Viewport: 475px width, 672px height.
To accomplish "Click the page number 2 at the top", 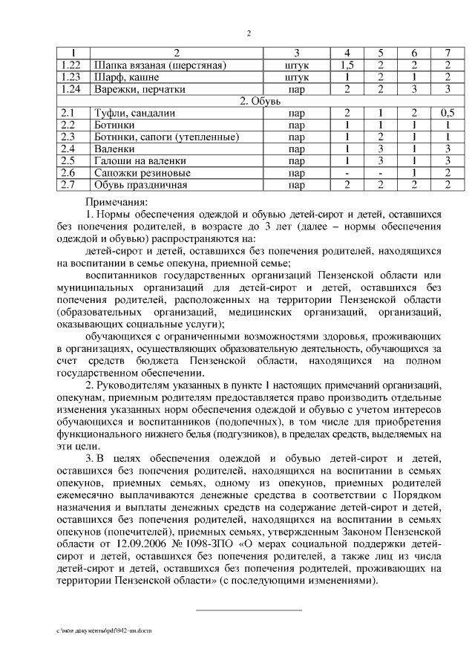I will click(x=249, y=33).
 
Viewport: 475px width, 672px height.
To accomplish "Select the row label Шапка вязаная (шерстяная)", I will click(x=158, y=65).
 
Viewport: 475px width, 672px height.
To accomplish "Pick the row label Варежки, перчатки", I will click(x=139, y=89).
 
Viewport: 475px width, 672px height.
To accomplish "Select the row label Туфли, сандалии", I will click(x=134, y=113).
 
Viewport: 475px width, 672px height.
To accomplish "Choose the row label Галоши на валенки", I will click(x=139, y=160).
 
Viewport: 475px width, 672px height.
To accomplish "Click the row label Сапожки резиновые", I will click(x=141, y=172).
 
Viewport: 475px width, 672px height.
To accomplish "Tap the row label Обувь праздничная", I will click(x=140, y=184).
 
